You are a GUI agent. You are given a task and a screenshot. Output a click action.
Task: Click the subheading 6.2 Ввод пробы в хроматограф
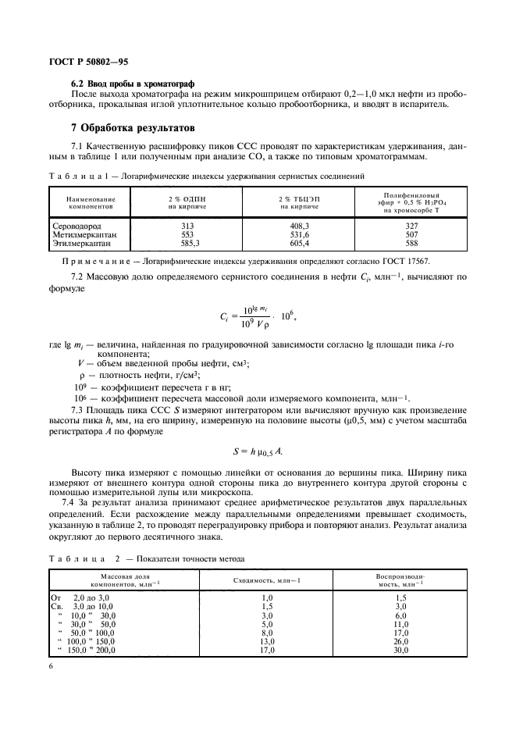coord(133,84)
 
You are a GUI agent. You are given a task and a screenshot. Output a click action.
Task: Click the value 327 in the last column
coord(412,226)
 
